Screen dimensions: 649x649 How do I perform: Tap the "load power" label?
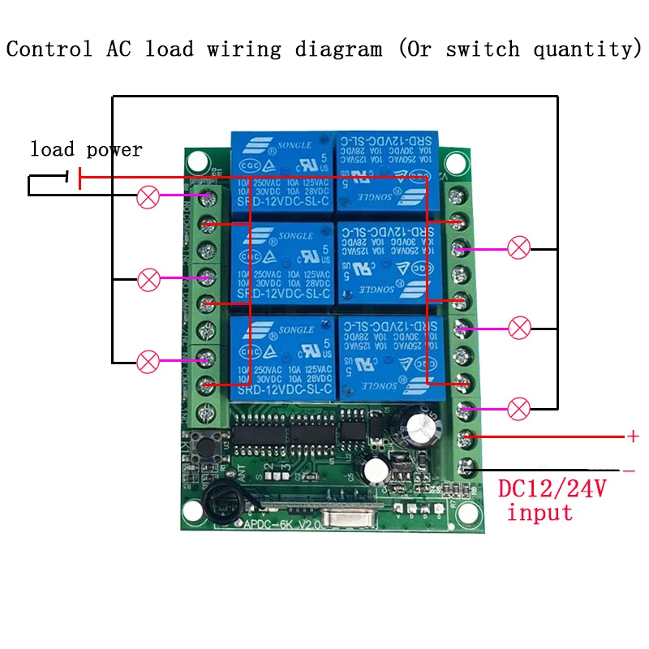(x=86, y=149)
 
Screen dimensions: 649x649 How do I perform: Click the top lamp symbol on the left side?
(x=148, y=197)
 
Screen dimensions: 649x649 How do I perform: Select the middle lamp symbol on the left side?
(x=148, y=280)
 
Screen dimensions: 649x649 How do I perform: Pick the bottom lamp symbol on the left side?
(x=148, y=361)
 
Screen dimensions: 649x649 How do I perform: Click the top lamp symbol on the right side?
(x=519, y=247)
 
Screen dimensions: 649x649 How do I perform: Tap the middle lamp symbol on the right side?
(x=519, y=329)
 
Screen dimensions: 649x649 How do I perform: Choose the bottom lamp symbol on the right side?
(x=519, y=409)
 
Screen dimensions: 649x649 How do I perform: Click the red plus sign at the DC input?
(x=633, y=436)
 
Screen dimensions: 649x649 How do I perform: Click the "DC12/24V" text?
(x=552, y=489)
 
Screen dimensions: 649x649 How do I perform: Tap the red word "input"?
(x=540, y=514)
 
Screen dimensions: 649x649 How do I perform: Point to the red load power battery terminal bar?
(x=80, y=177)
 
